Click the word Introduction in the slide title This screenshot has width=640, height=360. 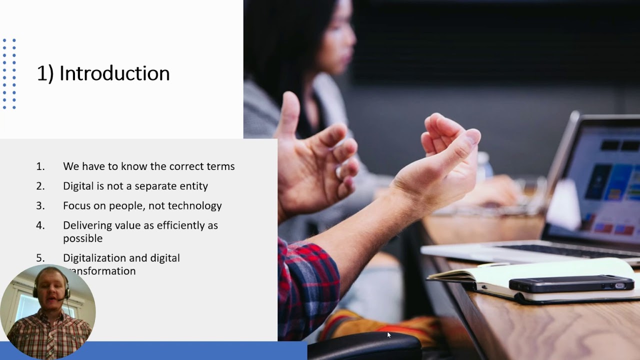[x=114, y=73]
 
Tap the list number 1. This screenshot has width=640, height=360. [x=40, y=166]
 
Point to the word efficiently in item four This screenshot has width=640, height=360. [x=180, y=225]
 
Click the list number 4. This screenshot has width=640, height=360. [x=40, y=225]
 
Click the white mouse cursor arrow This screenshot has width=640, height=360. [x=389, y=335]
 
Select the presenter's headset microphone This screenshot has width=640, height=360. [x=61, y=299]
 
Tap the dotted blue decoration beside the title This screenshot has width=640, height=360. [x=9, y=73]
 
